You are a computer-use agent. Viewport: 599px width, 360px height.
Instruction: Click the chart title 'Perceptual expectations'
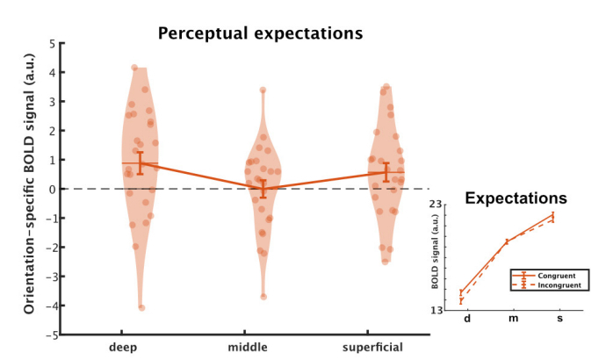click(x=260, y=34)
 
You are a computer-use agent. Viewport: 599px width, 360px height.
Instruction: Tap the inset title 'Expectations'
click(x=515, y=198)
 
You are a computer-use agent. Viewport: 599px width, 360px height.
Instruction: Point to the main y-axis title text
click(x=29, y=190)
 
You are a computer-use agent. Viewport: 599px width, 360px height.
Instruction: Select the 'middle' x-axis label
click(x=262, y=347)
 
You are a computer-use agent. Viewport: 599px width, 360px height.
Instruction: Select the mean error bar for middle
click(x=263, y=189)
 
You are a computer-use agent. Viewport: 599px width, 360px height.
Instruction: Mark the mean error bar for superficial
click(x=386, y=172)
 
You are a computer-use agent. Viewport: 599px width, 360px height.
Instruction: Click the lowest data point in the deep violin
click(x=141, y=307)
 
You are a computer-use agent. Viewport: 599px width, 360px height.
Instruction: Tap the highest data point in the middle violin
click(x=263, y=90)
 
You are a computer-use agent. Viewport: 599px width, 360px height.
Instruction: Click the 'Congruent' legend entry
click(x=558, y=276)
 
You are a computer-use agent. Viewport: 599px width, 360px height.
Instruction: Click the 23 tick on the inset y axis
click(x=444, y=205)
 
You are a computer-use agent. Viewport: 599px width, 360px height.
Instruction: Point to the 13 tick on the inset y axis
click(x=444, y=310)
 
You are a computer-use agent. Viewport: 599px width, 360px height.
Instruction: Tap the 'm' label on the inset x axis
click(x=512, y=318)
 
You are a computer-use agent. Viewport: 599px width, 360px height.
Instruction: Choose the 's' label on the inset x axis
click(x=559, y=318)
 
